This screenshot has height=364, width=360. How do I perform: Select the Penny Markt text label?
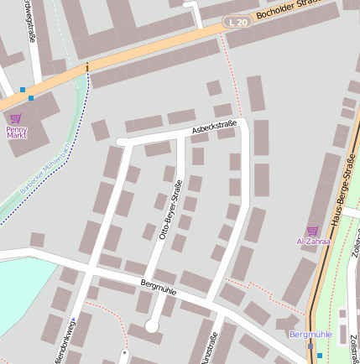[x=17, y=132]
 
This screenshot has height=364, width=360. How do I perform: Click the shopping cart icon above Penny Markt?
[x=16, y=119]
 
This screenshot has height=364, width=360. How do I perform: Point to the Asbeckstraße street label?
[x=214, y=127]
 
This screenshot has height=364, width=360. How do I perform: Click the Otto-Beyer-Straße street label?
[x=170, y=212]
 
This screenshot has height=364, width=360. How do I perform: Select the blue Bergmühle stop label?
[x=310, y=334]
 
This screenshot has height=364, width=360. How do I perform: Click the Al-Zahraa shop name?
[x=313, y=241]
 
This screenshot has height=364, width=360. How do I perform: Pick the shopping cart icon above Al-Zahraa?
[x=313, y=230]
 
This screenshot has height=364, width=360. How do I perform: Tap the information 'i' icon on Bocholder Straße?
[x=86, y=67]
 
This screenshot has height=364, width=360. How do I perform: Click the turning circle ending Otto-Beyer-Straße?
[x=151, y=328]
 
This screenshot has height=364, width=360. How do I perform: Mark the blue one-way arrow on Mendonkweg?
[x=73, y=320]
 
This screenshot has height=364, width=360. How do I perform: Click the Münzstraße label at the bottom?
[x=210, y=348]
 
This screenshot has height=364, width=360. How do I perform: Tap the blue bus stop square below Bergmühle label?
[x=320, y=356]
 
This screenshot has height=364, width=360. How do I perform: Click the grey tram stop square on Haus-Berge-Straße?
[x=310, y=345]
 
